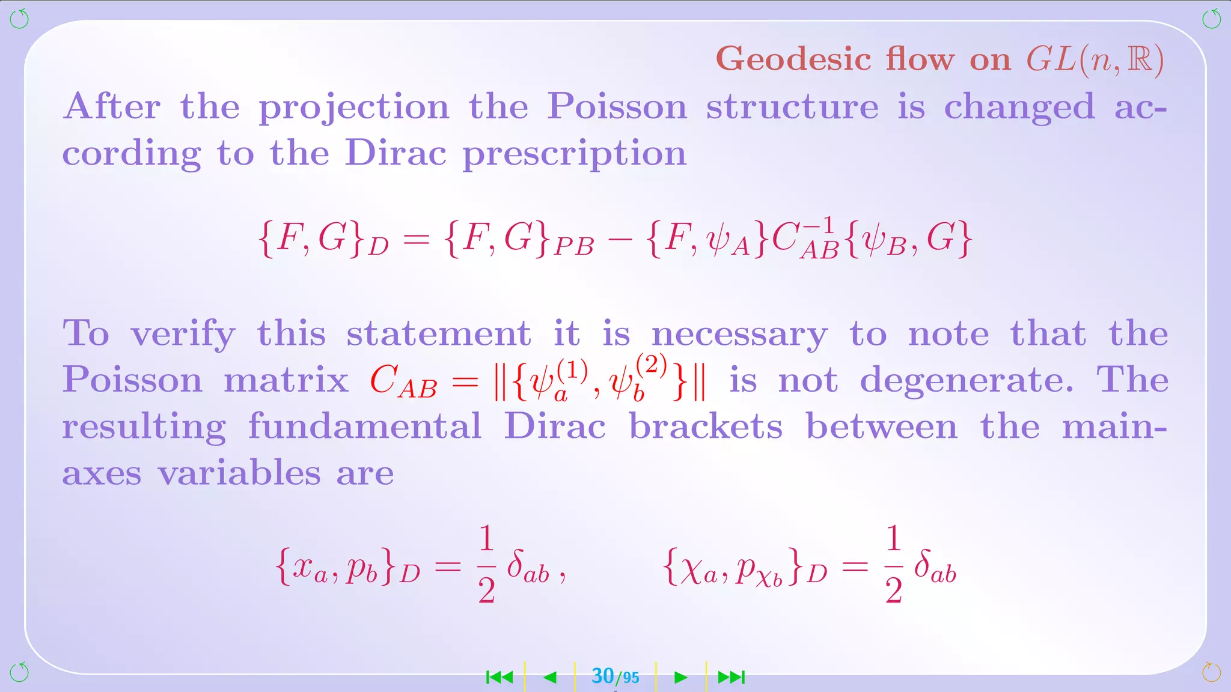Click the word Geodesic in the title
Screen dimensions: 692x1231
click(x=793, y=60)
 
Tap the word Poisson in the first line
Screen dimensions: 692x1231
click(x=617, y=107)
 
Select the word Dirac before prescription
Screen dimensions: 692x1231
click(x=396, y=153)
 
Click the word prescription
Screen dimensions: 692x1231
click(x=574, y=154)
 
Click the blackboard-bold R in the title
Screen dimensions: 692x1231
click(x=1140, y=60)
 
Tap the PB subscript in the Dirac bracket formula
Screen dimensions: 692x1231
click(x=573, y=246)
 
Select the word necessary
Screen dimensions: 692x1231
click(x=739, y=335)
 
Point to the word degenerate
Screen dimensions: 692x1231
click(x=967, y=381)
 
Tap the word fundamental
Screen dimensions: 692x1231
click(x=365, y=426)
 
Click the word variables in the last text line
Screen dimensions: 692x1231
click(x=239, y=473)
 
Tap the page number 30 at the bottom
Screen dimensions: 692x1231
click(x=603, y=676)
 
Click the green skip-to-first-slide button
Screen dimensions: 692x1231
click(x=499, y=678)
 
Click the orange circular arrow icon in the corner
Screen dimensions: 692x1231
click(x=1211, y=672)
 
